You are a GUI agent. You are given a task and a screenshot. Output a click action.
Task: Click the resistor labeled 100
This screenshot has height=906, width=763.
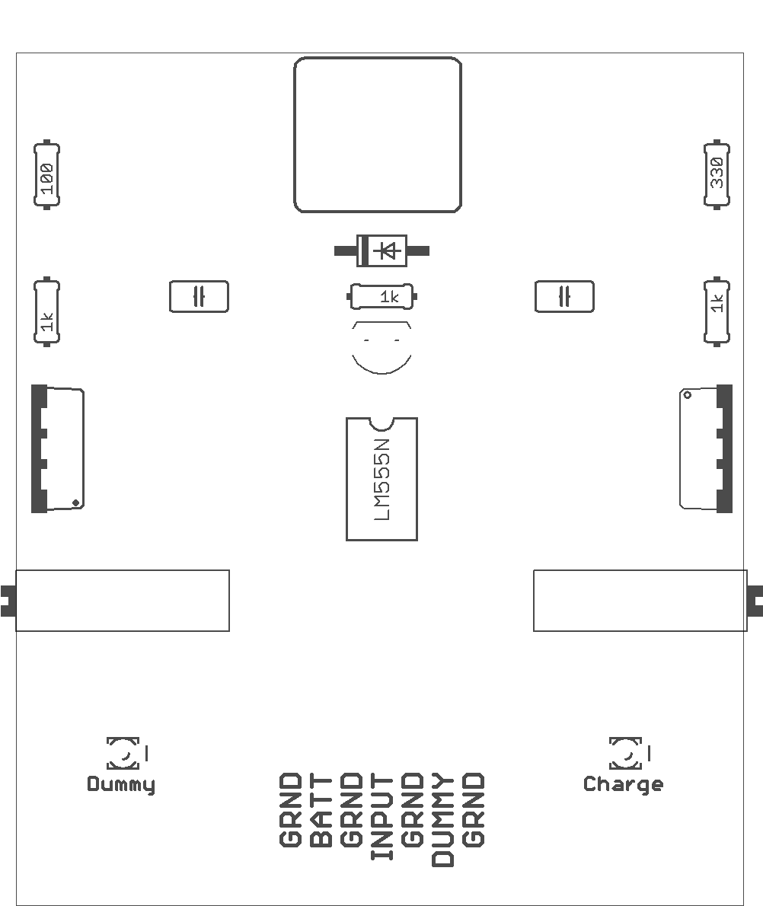coord(46,174)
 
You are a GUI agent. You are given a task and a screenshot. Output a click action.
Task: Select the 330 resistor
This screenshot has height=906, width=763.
coord(717,174)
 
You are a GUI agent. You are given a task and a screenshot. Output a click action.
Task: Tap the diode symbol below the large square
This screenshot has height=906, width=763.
coord(382,250)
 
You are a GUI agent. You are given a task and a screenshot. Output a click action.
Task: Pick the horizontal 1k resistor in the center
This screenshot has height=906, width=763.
coord(382,296)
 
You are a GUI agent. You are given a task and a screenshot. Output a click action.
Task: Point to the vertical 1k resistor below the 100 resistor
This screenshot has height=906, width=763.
coord(46,311)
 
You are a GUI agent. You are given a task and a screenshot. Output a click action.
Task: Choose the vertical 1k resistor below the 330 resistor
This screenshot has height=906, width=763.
coord(717,311)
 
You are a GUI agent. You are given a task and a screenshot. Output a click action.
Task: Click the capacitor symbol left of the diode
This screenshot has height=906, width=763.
coord(199,296)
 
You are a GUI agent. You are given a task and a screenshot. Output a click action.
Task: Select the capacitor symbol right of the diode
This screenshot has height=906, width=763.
coord(564,296)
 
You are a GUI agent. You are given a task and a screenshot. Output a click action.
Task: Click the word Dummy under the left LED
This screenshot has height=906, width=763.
coord(121,785)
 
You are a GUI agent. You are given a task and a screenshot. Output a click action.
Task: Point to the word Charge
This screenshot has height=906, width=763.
coord(623,785)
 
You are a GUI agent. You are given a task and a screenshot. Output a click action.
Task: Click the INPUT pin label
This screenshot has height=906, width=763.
coord(382,817)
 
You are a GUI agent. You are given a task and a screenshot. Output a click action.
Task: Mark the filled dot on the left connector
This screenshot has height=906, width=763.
coord(75,503)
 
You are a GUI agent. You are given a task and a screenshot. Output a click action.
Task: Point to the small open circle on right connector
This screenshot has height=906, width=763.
coord(688,395)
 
